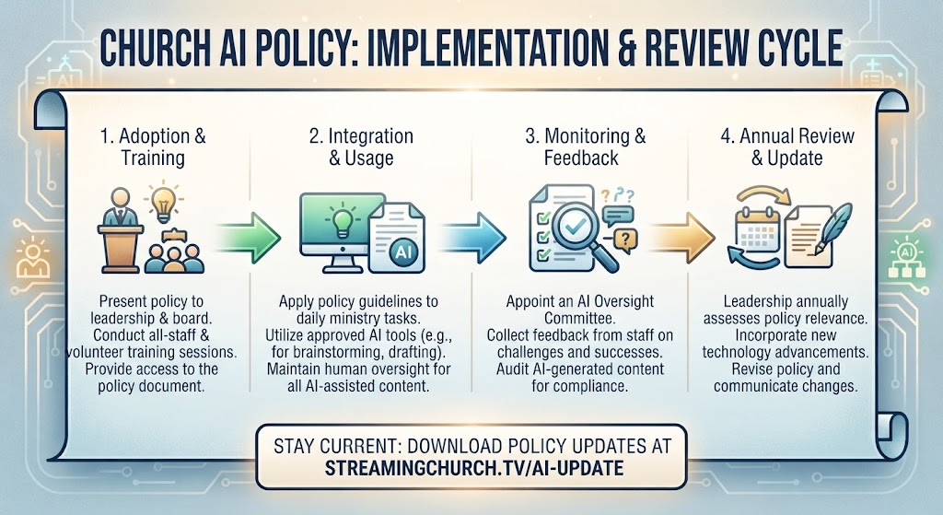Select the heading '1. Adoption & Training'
(x=153, y=146)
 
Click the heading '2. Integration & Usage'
(x=361, y=146)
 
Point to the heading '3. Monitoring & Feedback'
(x=585, y=146)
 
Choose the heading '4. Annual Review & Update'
(x=787, y=146)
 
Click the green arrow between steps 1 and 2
(x=249, y=238)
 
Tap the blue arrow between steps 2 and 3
(x=473, y=238)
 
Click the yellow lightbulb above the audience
(x=162, y=203)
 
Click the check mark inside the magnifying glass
(x=576, y=226)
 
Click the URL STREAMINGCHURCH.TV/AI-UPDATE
(x=474, y=468)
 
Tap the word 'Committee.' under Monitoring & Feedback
(x=579, y=318)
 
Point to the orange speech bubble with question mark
(x=625, y=240)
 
